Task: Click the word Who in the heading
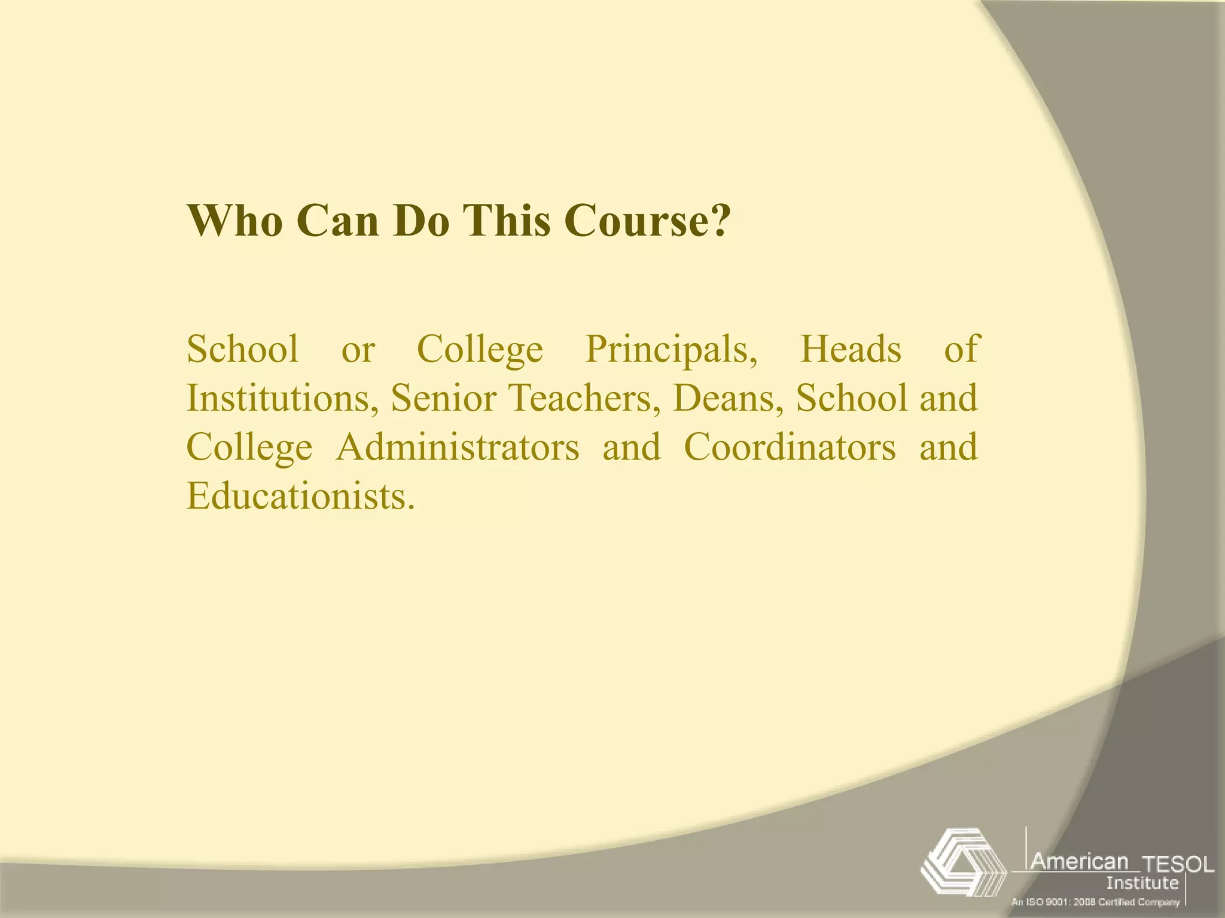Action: tap(234, 221)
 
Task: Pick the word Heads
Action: tap(850, 350)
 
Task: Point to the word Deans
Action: tap(728, 399)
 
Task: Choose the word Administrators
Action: tap(458, 448)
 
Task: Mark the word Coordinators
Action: tap(790, 448)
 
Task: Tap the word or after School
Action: tap(358, 350)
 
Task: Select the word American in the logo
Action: tap(1080, 861)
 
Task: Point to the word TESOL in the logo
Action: tap(1178, 864)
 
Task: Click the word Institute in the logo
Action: tap(1142, 883)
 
